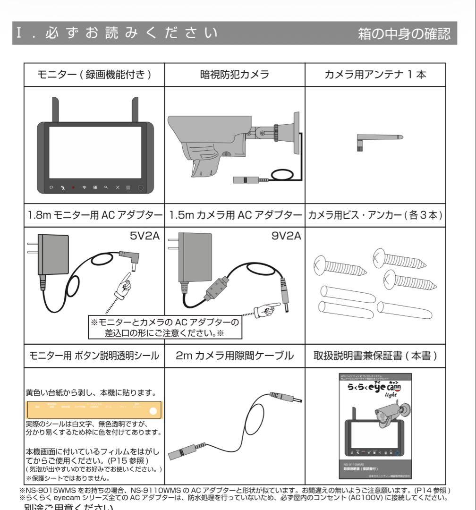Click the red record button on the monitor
pos(73,187)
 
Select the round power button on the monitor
pos(141,187)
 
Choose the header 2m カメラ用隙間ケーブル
pos(234,356)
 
